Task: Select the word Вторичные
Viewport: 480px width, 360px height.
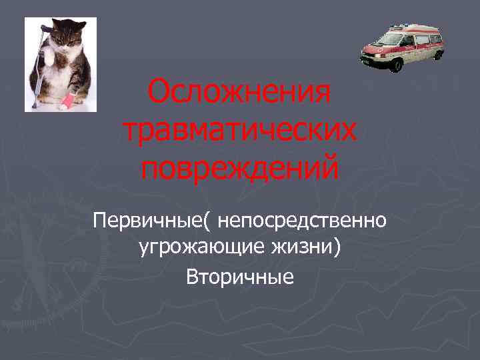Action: click(239, 275)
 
